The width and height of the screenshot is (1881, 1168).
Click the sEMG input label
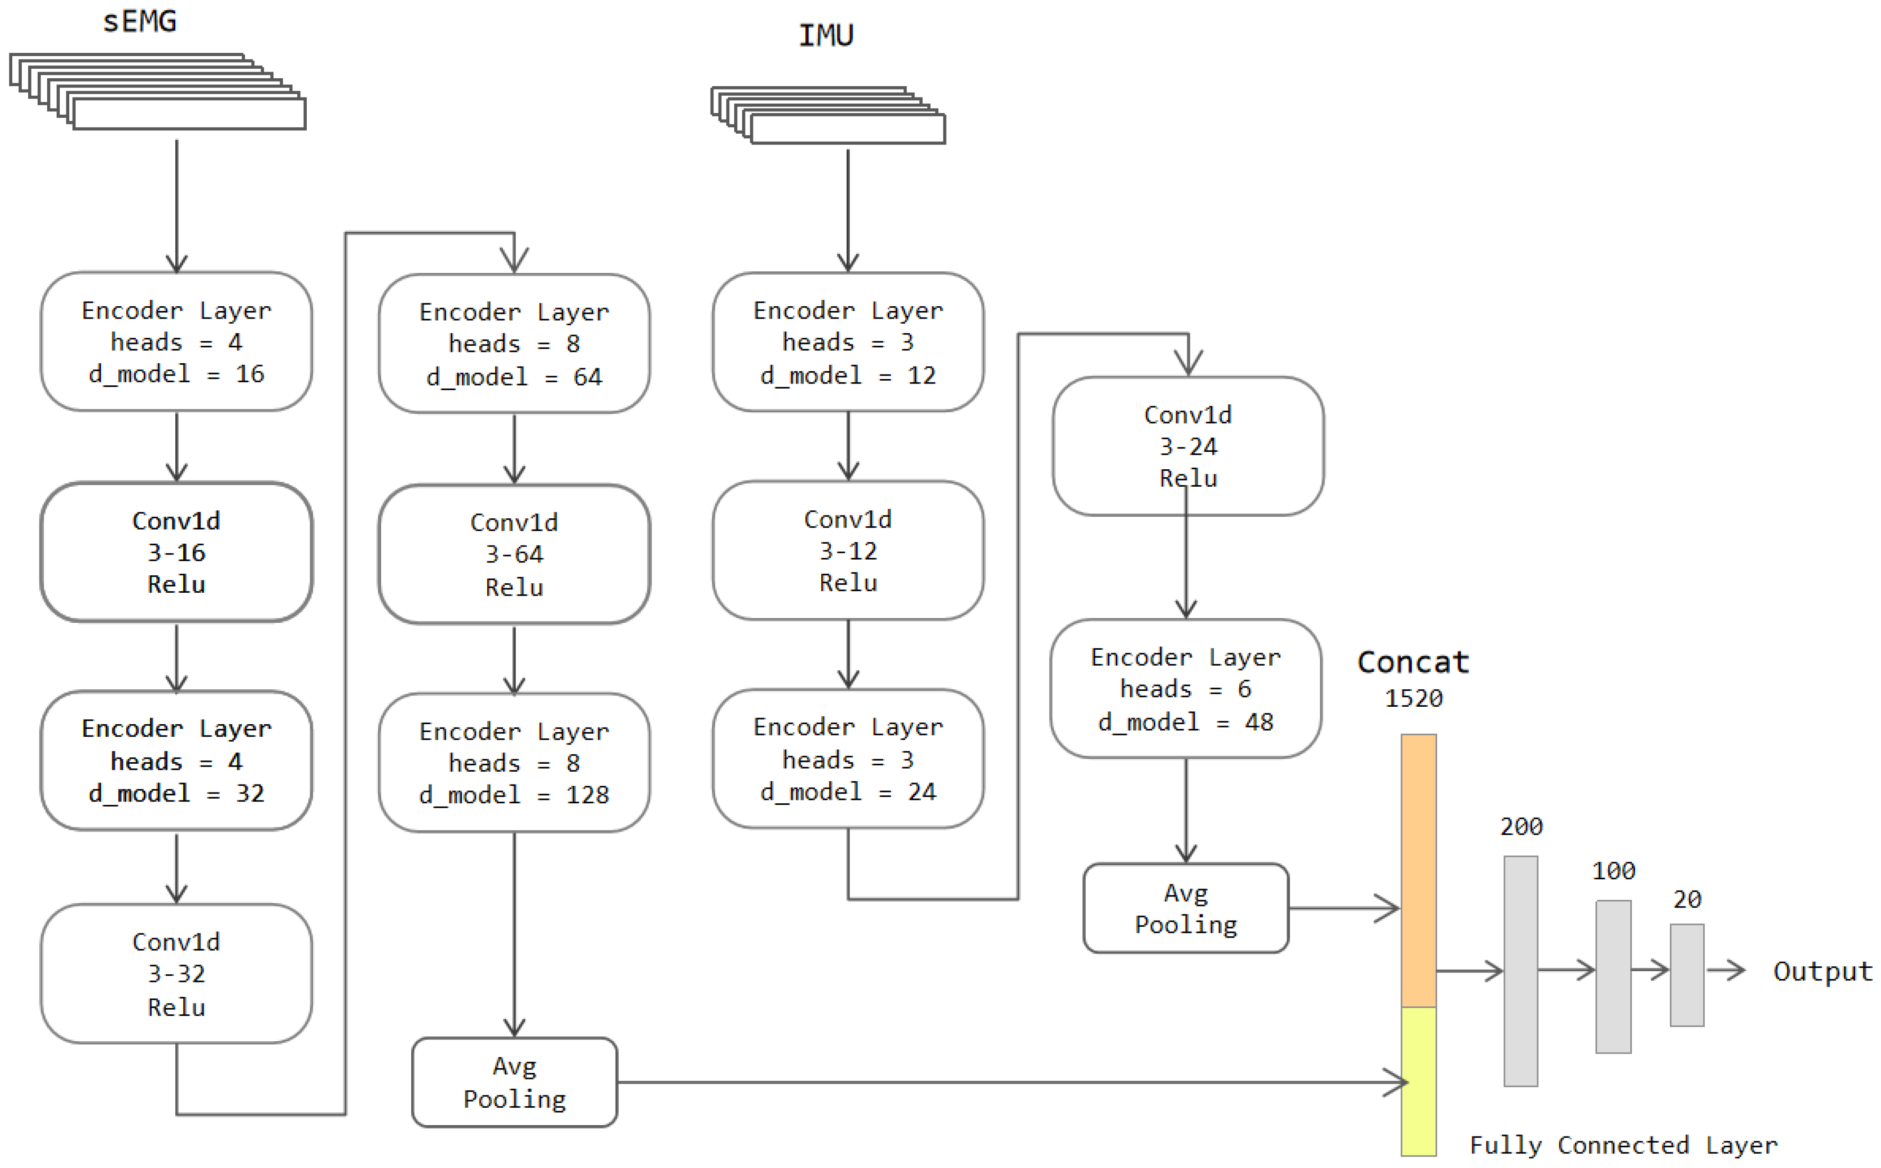[140, 22]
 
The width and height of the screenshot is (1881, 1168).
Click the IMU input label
[826, 35]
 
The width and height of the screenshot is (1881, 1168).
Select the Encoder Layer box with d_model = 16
[176, 342]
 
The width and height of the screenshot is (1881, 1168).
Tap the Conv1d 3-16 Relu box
[176, 552]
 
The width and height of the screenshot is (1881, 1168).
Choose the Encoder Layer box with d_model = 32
[176, 761]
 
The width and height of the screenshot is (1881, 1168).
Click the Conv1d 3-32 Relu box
[176, 974]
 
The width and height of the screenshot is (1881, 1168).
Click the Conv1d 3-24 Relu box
[1187, 447]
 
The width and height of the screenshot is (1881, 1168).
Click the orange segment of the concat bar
[1418, 871]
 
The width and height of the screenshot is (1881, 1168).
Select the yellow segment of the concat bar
[1418, 1081]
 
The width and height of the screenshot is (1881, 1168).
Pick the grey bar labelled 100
[1613, 976]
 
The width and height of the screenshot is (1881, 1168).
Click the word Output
[1822, 971]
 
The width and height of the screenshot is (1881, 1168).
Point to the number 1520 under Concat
[1413, 698]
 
